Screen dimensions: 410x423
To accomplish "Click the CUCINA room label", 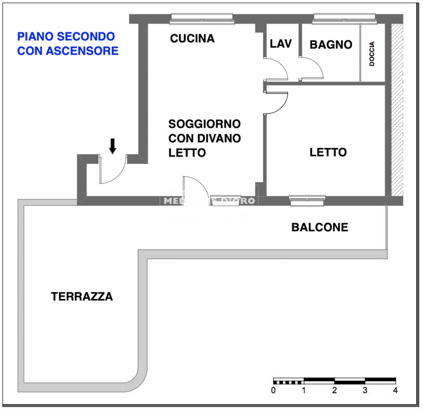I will click(192, 38).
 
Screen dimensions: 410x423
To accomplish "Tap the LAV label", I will click(280, 44).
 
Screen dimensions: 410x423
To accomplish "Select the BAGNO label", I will click(331, 44).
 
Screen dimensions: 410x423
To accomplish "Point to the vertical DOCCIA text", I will click(372, 54).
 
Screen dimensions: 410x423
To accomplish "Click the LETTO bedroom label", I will click(328, 152).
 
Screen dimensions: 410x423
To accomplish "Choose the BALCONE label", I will click(319, 228).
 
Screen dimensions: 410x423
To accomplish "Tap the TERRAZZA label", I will click(82, 296).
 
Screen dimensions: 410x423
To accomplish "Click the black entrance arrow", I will click(112, 145).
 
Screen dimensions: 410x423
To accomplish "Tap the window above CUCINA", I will click(202, 18).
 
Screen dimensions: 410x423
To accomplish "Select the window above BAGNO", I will click(344, 18).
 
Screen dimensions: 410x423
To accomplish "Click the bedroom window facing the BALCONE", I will click(307, 200).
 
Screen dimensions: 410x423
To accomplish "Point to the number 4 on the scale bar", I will click(395, 390).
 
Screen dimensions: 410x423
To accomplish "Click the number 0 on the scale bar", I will click(274, 390).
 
